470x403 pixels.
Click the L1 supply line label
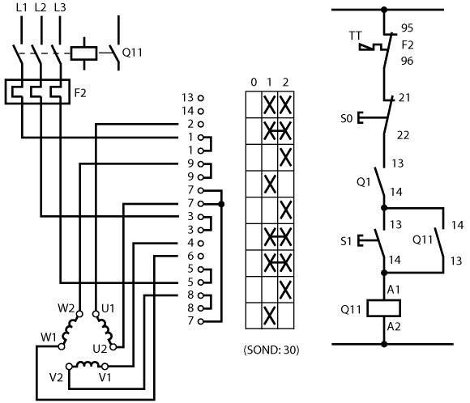21,7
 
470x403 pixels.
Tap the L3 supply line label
60,7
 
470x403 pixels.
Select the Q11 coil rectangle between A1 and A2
384,308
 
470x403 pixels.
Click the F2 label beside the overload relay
80,93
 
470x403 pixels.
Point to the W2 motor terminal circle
79,314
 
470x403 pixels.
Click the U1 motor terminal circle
96,314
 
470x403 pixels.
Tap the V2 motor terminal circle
69,366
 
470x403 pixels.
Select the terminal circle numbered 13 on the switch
201,98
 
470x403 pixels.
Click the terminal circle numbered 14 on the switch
201,111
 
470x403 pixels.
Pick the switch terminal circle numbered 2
201,124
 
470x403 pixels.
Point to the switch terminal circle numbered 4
201,243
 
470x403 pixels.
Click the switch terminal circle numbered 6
201,257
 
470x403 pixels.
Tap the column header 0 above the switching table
254,82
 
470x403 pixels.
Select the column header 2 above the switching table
285,82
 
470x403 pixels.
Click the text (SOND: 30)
271,350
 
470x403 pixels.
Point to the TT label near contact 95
356,36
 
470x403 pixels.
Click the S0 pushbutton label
346,119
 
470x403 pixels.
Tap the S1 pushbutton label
345,241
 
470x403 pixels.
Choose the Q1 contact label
364,182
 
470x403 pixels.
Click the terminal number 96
408,61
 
